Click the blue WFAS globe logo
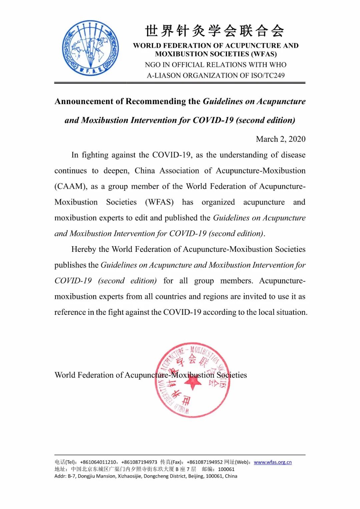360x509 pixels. pos(90,48)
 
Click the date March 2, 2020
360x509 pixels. pos(280,139)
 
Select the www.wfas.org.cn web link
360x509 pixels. pos(273,462)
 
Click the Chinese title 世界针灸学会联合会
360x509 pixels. pos(215,31)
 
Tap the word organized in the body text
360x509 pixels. pos(218,202)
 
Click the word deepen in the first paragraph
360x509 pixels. pos(116,171)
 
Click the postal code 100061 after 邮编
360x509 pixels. pos(226,469)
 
